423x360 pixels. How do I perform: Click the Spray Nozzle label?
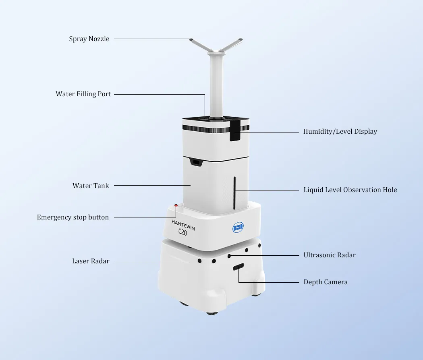click(89, 39)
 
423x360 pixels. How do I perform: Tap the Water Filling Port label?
click(83, 94)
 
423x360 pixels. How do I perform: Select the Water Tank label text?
click(91, 186)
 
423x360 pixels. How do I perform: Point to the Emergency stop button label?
click(73, 217)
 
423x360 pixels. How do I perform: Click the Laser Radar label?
click(91, 261)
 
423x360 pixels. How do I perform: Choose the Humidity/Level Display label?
click(340, 131)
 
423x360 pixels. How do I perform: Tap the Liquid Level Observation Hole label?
click(350, 190)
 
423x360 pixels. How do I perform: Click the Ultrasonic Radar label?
click(330, 255)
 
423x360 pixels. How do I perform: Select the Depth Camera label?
click(326, 282)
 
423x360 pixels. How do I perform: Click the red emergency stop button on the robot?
click(176, 206)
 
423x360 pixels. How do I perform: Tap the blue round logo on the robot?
click(238, 227)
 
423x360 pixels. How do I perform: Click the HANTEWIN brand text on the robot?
click(183, 225)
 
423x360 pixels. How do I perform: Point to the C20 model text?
click(182, 232)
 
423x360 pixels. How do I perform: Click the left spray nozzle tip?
click(191, 40)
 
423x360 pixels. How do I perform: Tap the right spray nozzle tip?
click(240, 40)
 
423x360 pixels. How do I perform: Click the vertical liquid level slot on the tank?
click(234, 193)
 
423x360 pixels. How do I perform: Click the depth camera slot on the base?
click(238, 267)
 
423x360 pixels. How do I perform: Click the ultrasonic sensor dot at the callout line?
click(229, 256)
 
